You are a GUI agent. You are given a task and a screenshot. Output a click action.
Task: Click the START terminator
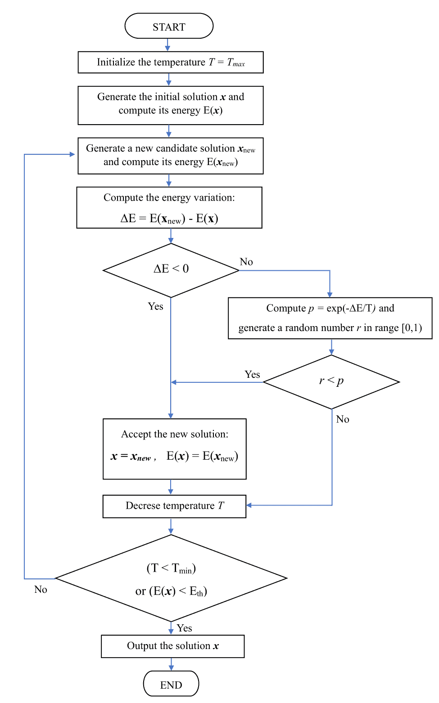click(x=169, y=26)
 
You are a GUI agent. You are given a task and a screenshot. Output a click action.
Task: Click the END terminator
click(x=171, y=684)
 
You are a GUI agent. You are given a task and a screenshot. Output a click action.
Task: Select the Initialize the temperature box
click(x=171, y=62)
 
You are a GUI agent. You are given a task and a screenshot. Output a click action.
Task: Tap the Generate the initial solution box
click(x=171, y=105)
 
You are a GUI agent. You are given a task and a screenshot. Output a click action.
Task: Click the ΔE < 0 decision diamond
click(x=171, y=270)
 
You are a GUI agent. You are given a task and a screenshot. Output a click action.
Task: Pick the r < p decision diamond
click(x=331, y=382)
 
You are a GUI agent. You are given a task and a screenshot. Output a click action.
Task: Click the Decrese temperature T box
click(x=174, y=506)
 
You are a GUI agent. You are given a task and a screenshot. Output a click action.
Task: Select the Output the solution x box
click(x=172, y=646)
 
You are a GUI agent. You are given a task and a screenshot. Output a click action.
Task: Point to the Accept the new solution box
click(x=174, y=449)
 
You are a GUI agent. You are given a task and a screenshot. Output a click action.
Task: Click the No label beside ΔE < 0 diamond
click(x=246, y=262)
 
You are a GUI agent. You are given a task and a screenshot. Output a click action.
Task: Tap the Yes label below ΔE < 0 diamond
click(x=155, y=306)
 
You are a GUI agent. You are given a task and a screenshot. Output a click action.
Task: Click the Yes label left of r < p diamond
click(x=252, y=374)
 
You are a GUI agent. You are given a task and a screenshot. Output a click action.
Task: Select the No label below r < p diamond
click(x=343, y=419)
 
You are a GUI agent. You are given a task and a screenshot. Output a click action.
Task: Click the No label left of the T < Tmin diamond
click(x=41, y=589)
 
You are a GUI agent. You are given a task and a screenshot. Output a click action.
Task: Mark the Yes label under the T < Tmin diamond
click(x=184, y=628)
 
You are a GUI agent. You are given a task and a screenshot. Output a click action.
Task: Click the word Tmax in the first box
click(x=236, y=63)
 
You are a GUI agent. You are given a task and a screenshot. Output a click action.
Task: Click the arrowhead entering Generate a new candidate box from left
click(x=72, y=154)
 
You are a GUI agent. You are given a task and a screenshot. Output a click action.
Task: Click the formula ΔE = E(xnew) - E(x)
click(x=169, y=219)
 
